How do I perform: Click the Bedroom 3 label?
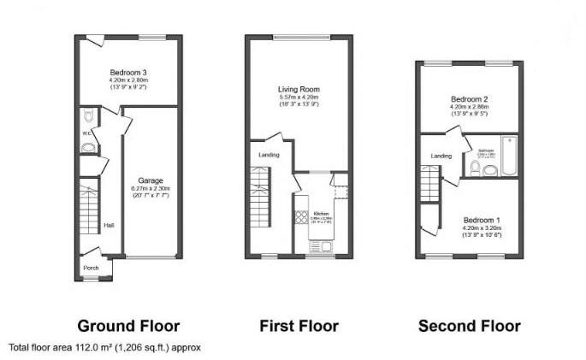click(127, 72)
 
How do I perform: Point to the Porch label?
click(91, 268)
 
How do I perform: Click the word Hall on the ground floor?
click(109, 226)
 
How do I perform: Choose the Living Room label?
click(298, 89)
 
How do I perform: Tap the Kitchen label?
click(320, 212)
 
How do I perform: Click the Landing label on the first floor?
click(268, 155)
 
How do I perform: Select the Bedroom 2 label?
click(469, 99)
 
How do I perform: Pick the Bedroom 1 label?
click(480, 220)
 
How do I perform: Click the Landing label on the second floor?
click(441, 156)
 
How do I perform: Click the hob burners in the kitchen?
click(301, 217)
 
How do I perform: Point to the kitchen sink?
click(326, 246)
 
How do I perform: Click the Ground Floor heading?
click(128, 326)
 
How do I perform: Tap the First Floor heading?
click(299, 326)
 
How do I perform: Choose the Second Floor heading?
click(469, 326)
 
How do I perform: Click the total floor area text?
click(104, 348)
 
